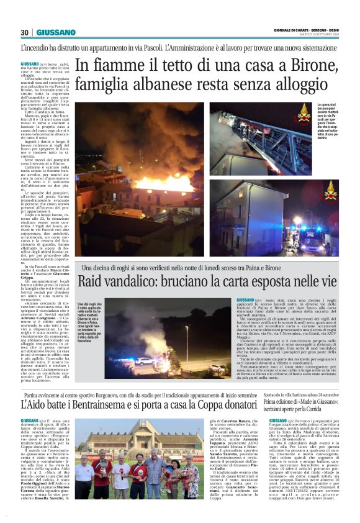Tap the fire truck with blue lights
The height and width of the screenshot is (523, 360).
pyautogui.click(x=310, y=239)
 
